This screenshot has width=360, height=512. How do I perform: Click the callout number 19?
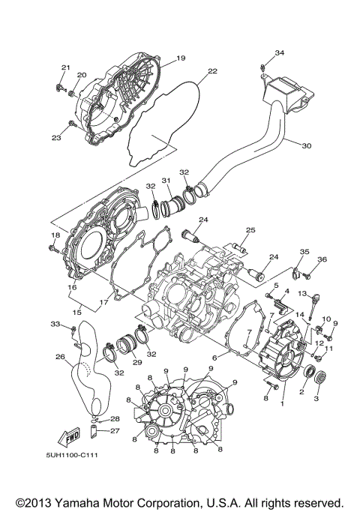(x=181, y=58)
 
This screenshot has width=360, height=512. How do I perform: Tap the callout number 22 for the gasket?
(x=212, y=71)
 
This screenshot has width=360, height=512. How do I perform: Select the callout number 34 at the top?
(x=279, y=52)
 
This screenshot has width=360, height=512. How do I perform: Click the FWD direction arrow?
(x=73, y=437)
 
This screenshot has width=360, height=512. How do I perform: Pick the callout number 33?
(x=55, y=324)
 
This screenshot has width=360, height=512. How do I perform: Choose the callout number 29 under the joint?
(x=137, y=362)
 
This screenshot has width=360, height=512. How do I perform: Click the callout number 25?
(x=250, y=229)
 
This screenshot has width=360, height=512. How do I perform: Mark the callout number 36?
(x=322, y=259)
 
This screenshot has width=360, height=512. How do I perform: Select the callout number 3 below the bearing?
(x=316, y=400)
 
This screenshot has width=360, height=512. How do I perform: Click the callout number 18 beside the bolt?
(x=54, y=235)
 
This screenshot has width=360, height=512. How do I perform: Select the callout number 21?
(x=65, y=68)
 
